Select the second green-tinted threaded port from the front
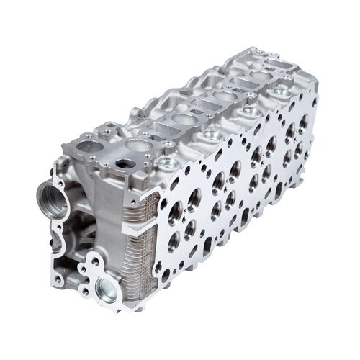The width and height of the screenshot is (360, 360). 210,135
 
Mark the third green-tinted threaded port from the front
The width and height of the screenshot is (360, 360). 248,112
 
